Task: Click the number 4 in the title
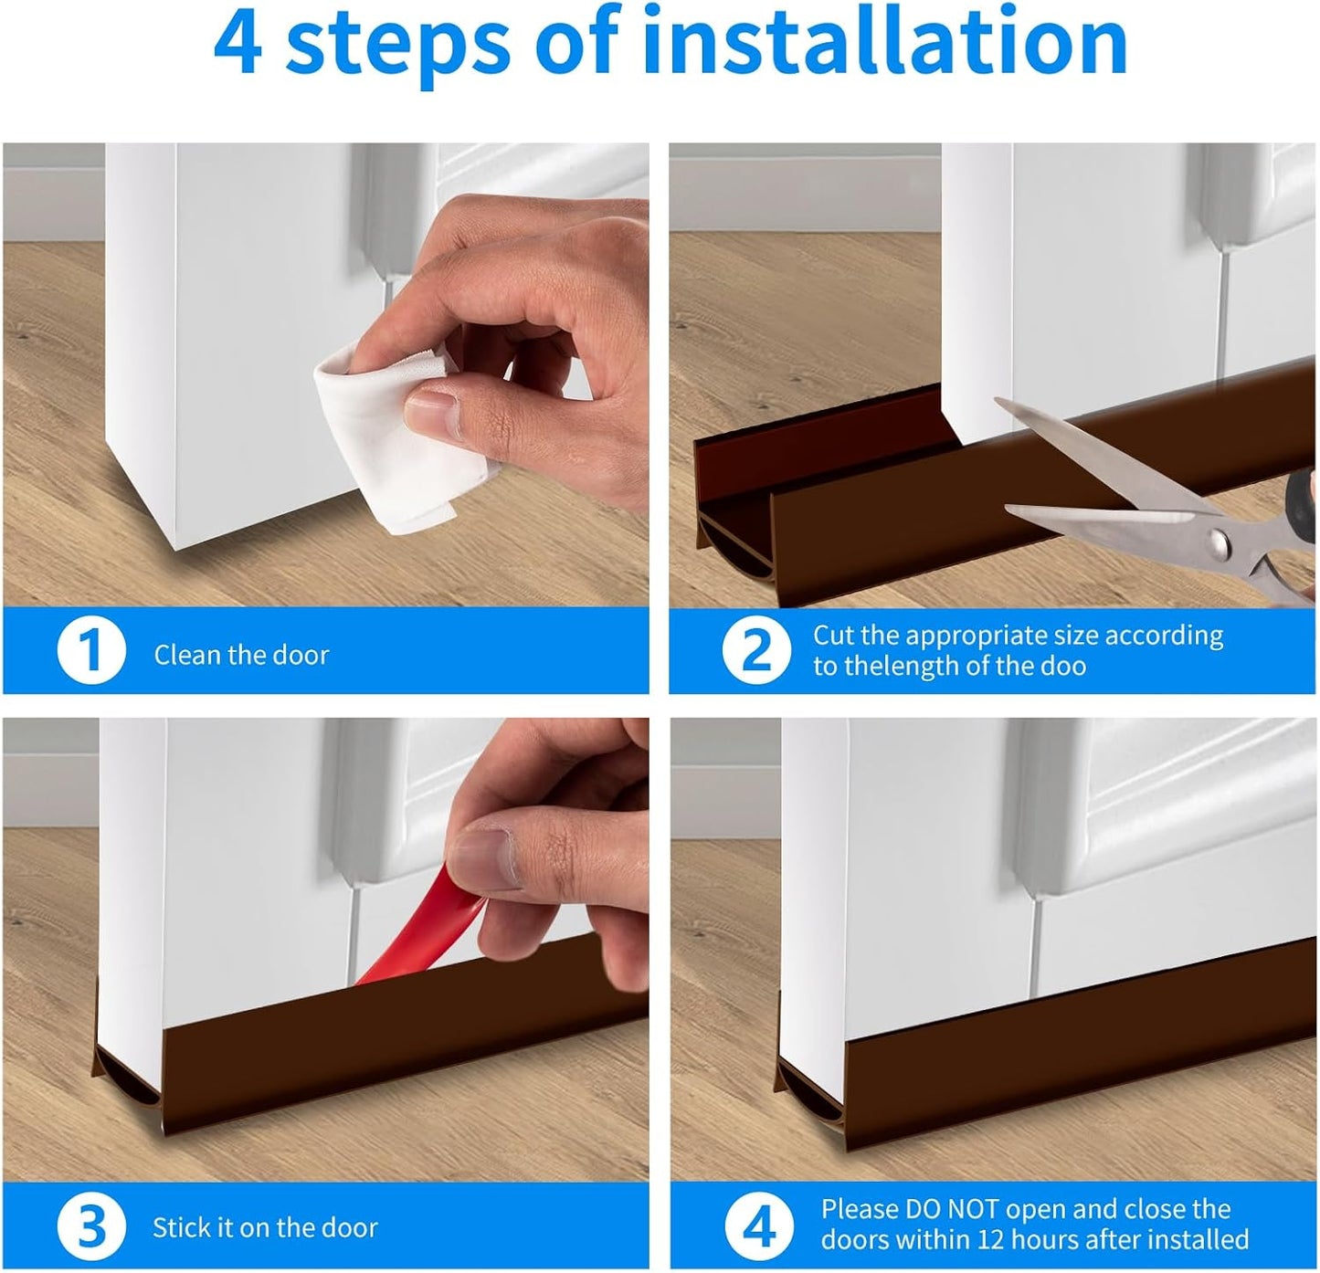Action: (238, 43)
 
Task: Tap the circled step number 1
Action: (90, 651)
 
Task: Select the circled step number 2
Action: (757, 650)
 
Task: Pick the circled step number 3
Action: (90, 1226)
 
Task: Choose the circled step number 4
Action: (757, 1225)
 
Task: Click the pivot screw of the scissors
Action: (1217, 546)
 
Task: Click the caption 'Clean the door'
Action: (241, 655)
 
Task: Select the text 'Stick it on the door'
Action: (265, 1227)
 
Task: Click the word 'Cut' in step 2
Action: (835, 635)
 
